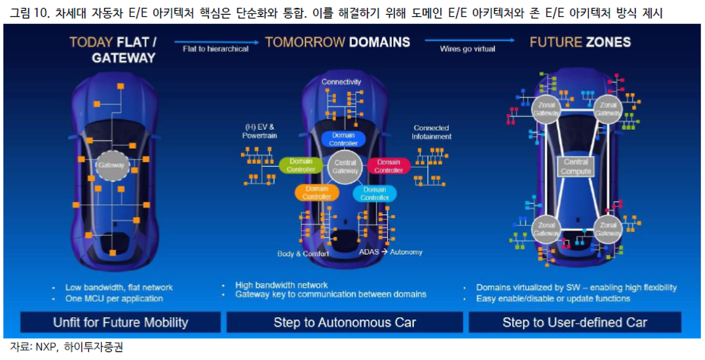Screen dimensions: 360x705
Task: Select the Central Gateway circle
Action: [x=345, y=167]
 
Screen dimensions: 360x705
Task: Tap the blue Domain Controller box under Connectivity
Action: [x=343, y=139]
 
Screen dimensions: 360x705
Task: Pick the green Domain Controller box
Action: [x=301, y=165]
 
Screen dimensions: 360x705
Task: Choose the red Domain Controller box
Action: [x=388, y=166]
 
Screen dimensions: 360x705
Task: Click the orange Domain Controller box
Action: [x=317, y=193]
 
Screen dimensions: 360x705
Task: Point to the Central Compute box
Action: [x=576, y=167]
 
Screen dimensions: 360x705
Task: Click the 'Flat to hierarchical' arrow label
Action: [x=215, y=49]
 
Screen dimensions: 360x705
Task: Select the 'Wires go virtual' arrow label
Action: [x=467, y=49]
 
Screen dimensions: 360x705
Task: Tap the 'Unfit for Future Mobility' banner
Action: [x=120, y=322]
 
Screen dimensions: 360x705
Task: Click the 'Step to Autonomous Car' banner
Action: [x=344, y=322]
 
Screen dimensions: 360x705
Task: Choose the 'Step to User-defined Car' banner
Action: [x=574, y=322]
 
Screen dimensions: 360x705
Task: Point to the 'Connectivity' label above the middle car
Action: [x=341, y=82]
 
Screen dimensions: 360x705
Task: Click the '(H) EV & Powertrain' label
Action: [x=259, y=131]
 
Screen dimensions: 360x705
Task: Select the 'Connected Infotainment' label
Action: [x=431, y=132]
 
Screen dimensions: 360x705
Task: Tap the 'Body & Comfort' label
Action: [x=303, y=254]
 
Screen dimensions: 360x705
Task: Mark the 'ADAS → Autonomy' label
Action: [x=391, y=252]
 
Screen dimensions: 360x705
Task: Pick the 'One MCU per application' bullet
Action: [x=113, y=298]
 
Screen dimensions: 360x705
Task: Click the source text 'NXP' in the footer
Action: [x=44, y=348]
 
